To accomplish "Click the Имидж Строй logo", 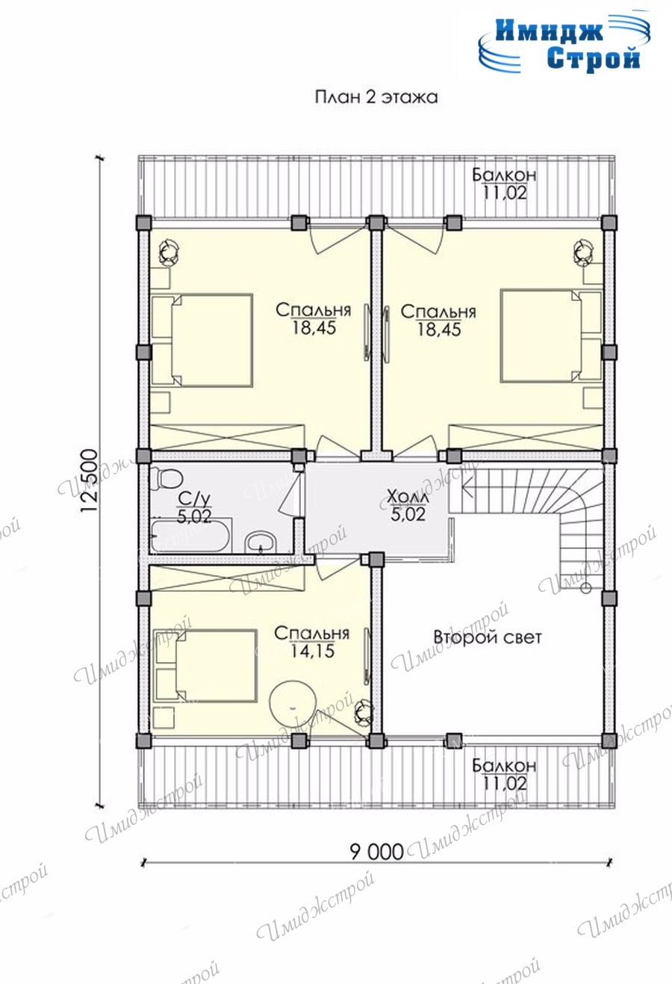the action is coord(564,44).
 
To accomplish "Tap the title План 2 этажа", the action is coord(376,97).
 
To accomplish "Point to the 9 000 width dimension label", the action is coord(376,852).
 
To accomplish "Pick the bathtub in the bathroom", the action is coord(190,536).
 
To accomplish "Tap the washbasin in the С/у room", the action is coord(261,542).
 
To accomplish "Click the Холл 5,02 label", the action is coord(408,506).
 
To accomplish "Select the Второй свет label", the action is coord(488,637).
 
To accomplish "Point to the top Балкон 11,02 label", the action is coord(504,184).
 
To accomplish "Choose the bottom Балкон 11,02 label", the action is coord(504,775).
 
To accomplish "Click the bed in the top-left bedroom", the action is coord(202,341).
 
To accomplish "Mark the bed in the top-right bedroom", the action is coord(551,335).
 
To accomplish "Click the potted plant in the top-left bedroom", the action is coord(169,253).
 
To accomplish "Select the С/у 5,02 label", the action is coord(194,507).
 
